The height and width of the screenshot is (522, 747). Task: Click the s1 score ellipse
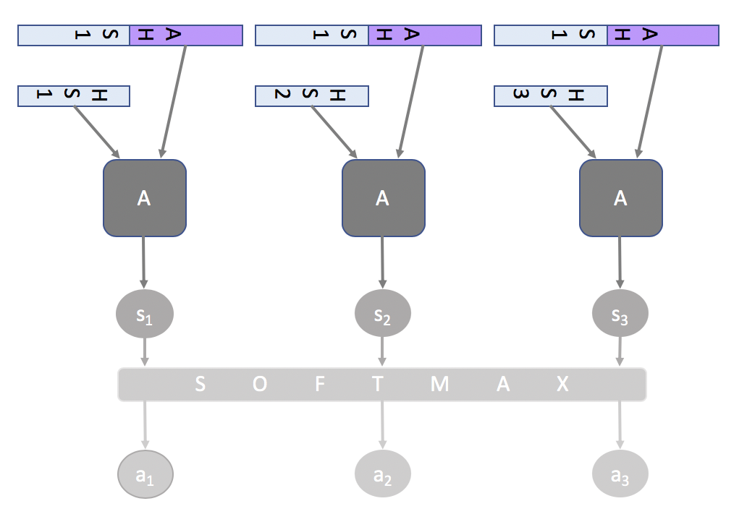[145, 314]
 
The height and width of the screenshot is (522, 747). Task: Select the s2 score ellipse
[383, 314]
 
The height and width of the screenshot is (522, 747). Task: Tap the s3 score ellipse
[620, 314]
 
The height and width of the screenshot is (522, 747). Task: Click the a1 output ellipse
[145, 475]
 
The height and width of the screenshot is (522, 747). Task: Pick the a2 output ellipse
[383, 474]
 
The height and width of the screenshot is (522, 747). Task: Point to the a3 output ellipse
[620, 474]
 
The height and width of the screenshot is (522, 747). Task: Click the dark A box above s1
[145, 198]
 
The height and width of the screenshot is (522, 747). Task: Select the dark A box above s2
[383, 198]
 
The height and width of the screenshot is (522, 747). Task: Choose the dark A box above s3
[620, 198]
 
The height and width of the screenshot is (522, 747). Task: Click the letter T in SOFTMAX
[378, 385]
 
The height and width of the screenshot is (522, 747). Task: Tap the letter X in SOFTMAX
[562, 385]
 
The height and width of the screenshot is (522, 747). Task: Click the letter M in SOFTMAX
[439, 385]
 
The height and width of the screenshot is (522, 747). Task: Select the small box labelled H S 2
[312, 96]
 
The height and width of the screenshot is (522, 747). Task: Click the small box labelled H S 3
[551, 96]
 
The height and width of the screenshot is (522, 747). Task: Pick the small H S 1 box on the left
[74, 96]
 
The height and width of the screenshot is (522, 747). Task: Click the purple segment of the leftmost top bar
[186, 35]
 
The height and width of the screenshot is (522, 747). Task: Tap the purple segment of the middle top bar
[425, 35]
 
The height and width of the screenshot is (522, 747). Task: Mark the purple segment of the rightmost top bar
[663, 35]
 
